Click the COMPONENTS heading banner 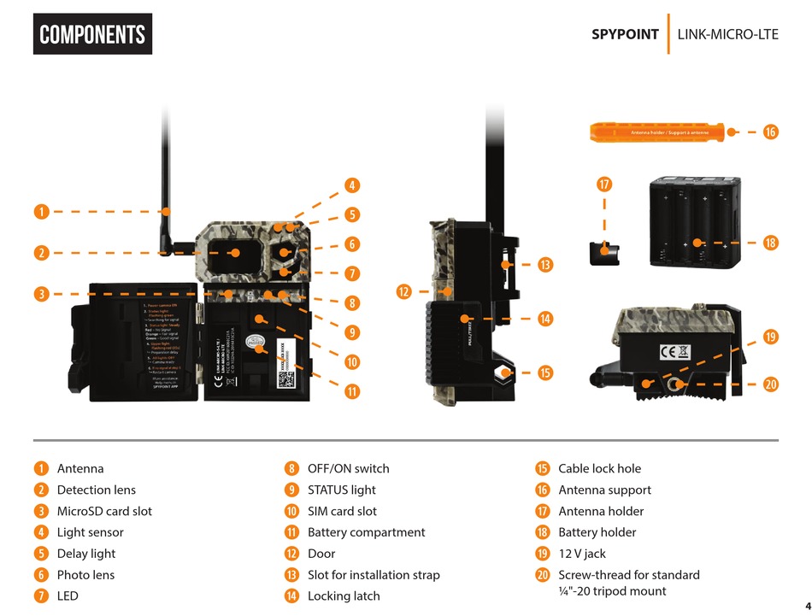tap(92, 34)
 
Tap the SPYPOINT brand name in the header tap(625, 34)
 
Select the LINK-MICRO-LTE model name tap(727, 34)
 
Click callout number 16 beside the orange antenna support tap(770, 132)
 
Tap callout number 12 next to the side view tap(404, 291)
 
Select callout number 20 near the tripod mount tap(770, 384)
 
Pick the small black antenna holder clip tap(604, 253)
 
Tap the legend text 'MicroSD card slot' tap(104, 511)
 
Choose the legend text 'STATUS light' tap(341, 490)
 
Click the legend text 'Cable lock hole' tap(599, 468)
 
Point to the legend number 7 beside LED tap(40, 595)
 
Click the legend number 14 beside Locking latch tap(291, 595)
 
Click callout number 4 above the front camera tap(351, 185)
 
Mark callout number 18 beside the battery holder tap(770, 243)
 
